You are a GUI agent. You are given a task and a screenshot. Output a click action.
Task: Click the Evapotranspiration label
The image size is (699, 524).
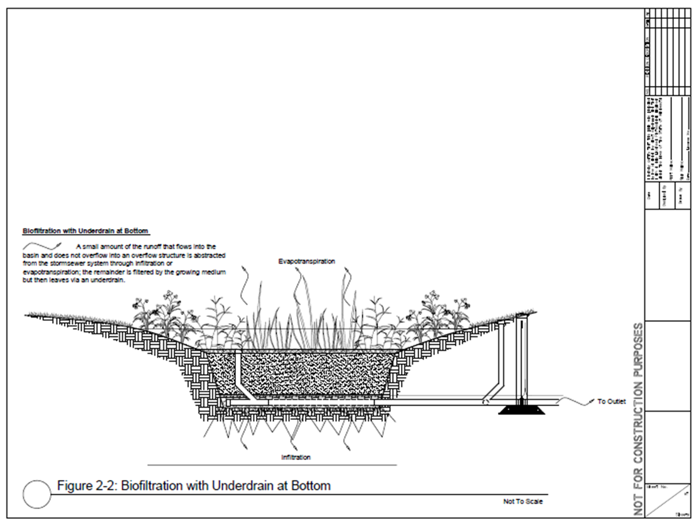point(307,260)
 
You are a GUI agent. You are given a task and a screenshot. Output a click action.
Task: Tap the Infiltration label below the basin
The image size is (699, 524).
point(296,457)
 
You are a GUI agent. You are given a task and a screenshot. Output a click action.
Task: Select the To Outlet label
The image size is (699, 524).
point(611,402)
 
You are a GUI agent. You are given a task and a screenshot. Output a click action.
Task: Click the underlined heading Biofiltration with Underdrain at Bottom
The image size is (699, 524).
point(85,232)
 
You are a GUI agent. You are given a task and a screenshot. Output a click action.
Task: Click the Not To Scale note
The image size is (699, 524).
point(523,501)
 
